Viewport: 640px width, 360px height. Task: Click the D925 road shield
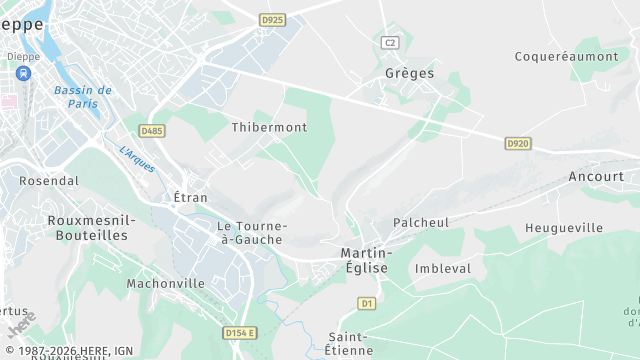[x=271, y=19]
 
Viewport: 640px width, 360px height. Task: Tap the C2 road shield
[x=390, y=42]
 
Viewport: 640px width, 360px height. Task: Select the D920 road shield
[x=517, y=144]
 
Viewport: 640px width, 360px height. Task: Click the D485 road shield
[x=152, y=130]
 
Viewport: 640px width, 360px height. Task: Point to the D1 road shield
[x=367, y=303]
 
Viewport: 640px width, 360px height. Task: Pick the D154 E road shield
[x=240, y=333]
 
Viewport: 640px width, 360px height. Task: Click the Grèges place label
[x=409, y=73]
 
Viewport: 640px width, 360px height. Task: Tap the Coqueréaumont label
[x=566, y=56]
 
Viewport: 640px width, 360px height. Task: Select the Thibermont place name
[x=269, y=127]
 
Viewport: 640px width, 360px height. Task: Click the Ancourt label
[x=595, y=176]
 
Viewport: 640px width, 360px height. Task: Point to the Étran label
[x=190, y=197]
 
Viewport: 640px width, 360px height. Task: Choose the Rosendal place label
[x=49, y=181]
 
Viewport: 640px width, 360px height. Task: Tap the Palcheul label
[x=421, y=222]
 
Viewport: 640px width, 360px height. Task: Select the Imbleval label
[x=442, y=268]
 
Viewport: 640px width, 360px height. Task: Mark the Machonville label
[x=165, y=283]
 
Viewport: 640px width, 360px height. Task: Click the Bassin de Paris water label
[x=82, y=96]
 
